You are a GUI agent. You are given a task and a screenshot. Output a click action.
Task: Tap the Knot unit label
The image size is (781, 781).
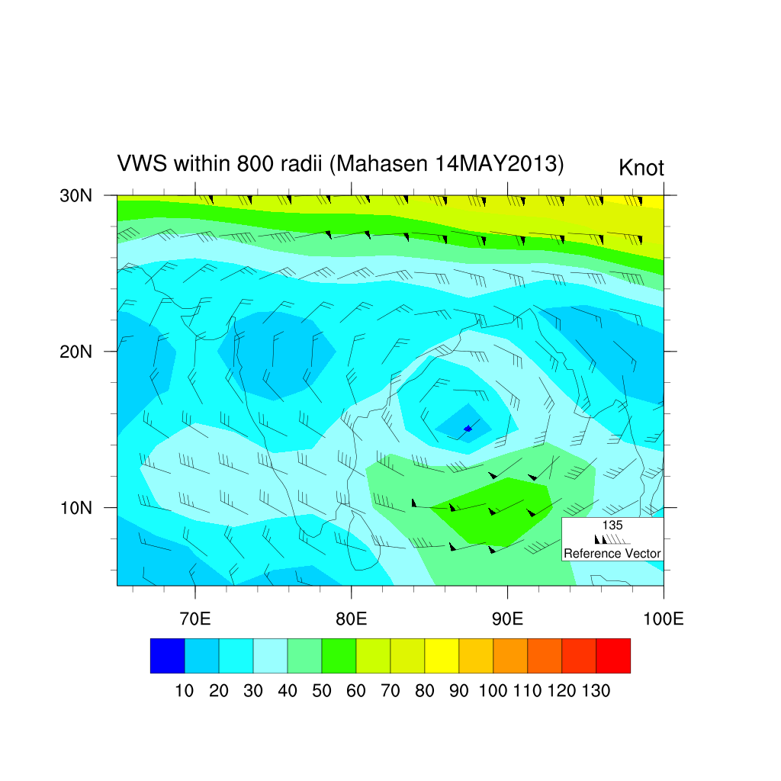click(x=641, y=168)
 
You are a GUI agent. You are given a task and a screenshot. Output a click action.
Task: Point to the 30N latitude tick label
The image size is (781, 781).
click(x=76, y=195)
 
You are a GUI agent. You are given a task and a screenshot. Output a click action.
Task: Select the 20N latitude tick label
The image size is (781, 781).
click(x=76, y=352)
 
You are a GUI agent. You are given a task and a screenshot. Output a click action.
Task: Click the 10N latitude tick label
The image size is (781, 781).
click(x=76, y=508)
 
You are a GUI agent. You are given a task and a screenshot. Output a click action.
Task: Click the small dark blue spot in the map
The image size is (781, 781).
click(x=468, y=429)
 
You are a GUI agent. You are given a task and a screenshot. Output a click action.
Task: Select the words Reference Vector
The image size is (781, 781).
click(x=612, y=554)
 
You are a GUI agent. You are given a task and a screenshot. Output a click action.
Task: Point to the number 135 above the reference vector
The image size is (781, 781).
click(x=612, y=525)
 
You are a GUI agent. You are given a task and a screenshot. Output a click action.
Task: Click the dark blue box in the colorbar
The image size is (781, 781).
click(x=167, y=656)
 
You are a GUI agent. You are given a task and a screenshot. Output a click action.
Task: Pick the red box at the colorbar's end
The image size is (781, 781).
click(x=613, y=656)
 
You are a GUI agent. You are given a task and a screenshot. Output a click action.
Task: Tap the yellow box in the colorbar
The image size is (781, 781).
click(x=442, y=656)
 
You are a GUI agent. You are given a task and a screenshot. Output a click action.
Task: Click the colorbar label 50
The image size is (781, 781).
click(x=322, y=692)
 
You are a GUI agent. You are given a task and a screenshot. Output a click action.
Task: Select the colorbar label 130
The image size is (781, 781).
click(x=596, y=692)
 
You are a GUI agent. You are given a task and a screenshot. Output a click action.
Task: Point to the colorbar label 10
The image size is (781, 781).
click(x=185, y=692)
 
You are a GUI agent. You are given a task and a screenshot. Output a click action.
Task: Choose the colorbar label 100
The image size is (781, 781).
click(x=493, y=692)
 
